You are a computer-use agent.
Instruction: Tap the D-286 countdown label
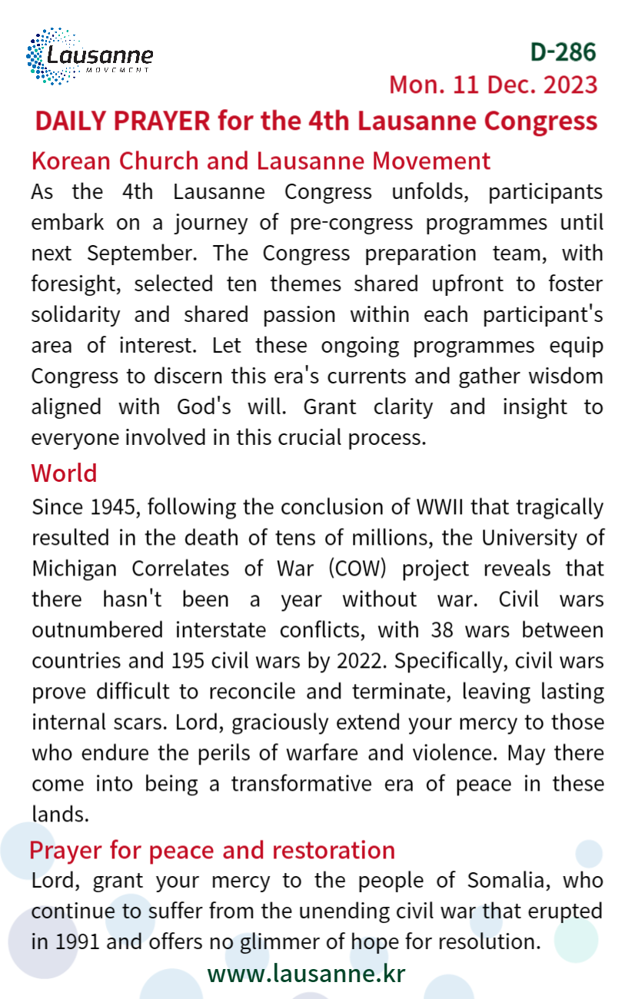pos(563,51)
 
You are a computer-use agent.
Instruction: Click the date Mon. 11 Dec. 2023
pos(493,84)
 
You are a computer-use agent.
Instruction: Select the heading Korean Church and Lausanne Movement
pos(261,161)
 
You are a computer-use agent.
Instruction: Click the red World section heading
pos(64,473)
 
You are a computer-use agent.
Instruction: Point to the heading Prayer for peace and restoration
pos(211,850)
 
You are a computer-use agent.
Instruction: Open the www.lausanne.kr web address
pos(306,974)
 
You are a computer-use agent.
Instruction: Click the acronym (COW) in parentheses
pos(357,569)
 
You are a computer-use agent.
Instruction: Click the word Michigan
pos(74,569)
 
